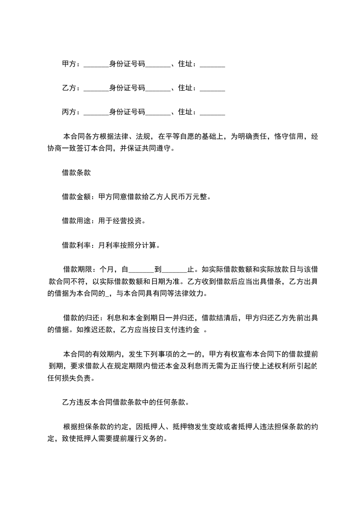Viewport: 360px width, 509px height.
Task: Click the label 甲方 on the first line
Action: pos(69,64)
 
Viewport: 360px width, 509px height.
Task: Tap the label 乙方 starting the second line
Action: pos(69,88)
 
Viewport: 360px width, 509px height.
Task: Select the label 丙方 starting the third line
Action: pos(69,112)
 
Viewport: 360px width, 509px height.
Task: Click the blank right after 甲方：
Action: pos(97,65)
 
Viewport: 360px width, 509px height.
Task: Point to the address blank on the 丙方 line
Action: pos(212,113)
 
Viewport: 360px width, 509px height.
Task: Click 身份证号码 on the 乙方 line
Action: pos(127,88)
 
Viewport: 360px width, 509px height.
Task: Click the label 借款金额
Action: pos(76,197)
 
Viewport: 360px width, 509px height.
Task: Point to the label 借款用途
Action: pos(76,221)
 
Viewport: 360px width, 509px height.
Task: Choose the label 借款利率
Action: pos(76,245)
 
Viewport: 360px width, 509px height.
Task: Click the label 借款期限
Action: pos(78,269)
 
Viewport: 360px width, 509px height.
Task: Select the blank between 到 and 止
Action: pos(174,270)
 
